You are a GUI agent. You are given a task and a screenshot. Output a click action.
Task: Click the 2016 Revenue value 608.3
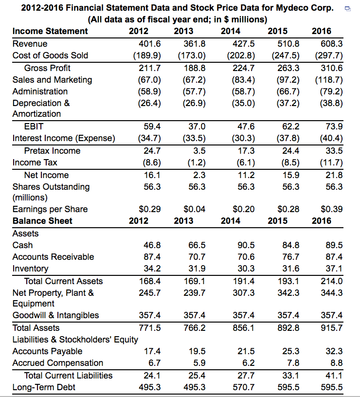(331, 43)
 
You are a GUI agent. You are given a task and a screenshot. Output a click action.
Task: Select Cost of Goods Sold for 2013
(193, 55)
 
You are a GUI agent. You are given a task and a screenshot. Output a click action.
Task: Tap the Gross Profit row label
(47, 68)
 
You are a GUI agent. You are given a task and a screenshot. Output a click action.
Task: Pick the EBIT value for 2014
(241, 126)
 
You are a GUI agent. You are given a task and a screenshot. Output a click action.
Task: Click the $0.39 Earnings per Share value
(332, 209)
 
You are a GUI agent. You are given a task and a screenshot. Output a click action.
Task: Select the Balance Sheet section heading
(42, 221)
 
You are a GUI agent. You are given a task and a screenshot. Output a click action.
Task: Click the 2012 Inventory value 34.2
(151, 269)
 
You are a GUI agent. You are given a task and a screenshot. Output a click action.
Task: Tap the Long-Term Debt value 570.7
(241, 387)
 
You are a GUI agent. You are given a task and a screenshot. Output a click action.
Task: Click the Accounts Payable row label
(47, 351)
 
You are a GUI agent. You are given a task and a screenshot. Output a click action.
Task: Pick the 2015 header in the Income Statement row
(278, 31)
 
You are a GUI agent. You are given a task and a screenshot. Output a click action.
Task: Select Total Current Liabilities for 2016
(334, 376)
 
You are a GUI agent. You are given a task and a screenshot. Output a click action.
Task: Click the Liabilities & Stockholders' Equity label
(75, 339)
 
